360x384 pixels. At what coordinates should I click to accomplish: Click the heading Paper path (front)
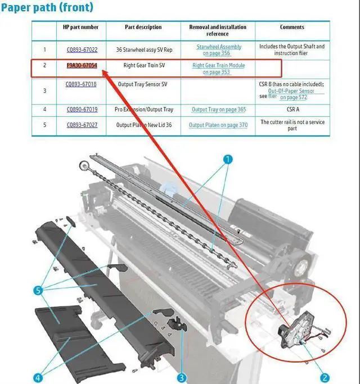coord(47,8)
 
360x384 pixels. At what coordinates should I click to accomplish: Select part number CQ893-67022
coord(81,49)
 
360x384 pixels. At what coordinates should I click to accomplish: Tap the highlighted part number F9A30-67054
coord(81,66)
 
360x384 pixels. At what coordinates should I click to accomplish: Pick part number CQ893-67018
coord(81,84)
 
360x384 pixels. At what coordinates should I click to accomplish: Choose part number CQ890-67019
coord(82,109)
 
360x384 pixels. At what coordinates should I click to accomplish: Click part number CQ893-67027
coord(82,125)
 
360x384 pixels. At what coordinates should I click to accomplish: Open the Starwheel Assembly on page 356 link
coord(219,50)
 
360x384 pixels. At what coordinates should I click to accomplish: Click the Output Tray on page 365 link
coord(218,109)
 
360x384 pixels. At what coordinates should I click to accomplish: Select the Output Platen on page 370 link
coord(218,125)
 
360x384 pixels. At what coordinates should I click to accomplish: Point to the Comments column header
coord(292,27)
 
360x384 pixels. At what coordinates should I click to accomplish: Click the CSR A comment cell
coord(292,109)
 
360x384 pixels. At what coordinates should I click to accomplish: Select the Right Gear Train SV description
coord(144,66)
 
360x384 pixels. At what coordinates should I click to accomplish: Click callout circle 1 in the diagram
coord(228,159)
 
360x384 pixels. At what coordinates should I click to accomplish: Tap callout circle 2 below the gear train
coord(325,378)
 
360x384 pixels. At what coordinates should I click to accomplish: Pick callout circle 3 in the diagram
coord(182,378)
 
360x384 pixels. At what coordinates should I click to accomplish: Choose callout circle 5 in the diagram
coord(38,291)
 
